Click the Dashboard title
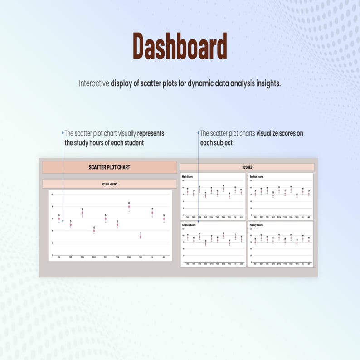coord(180,46)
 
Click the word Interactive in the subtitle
coord(94,83)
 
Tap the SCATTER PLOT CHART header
coord(109,167)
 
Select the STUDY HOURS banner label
coord(109,184)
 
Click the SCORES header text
coord(247,167)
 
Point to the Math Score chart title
coord(188,176)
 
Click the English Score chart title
coord(257,176)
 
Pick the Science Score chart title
coord(189,225)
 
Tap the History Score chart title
coord(257,225)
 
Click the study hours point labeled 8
coord(129,207)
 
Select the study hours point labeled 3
coord(141,237)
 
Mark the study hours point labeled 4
coord(94,231)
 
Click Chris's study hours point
coord(82,213)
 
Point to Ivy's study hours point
coord(152,213)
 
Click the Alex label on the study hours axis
coord(59,256)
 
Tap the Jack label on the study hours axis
coord(164,256)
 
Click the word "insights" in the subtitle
coord(268,83)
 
